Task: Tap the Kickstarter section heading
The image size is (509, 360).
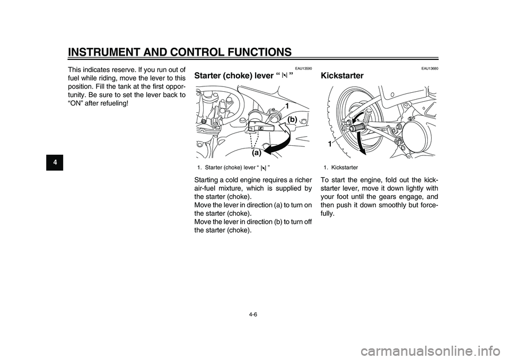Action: (343, 76)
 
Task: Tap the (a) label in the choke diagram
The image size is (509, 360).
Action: (257, 153)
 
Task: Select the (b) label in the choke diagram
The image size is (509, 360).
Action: (293, 120)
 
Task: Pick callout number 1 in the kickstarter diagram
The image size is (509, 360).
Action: (329, 144)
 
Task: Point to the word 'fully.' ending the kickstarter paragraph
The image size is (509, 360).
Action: (329, 213)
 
